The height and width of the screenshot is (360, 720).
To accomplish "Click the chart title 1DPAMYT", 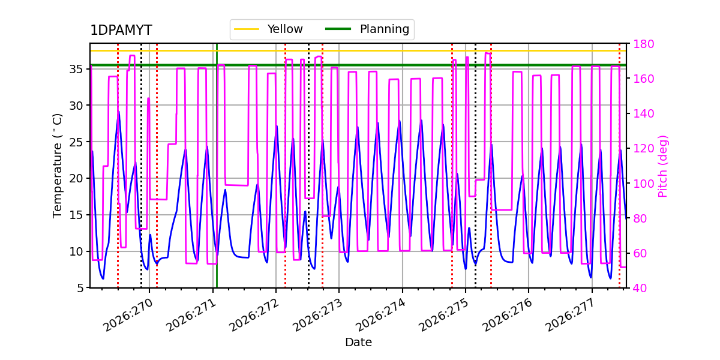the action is click(x=121, y=30).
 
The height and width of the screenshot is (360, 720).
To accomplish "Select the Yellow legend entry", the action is click(x=268, y=29).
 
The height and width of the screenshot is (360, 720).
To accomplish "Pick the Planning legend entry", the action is click(x=367, y=29).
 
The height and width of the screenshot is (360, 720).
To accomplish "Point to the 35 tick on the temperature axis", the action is click(x=76, y=69).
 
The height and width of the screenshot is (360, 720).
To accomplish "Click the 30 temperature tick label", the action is click(x=76, y=106).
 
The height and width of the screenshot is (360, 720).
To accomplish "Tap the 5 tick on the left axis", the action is click(x=80, y=288).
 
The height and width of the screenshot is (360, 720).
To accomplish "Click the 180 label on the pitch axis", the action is click(x=643, y=44).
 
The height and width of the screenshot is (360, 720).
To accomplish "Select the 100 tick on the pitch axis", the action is click(x=643, y=184).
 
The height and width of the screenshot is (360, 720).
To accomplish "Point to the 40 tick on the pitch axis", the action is click(x=640, y=288).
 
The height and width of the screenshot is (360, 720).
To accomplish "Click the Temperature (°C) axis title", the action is click(x=57, y=166).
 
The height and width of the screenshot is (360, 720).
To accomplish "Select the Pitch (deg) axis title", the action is click(x=663, y=166).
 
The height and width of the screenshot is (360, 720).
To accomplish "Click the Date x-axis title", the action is click(x=358, y=342).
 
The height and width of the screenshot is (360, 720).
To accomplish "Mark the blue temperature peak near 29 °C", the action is click(x=119, y=112).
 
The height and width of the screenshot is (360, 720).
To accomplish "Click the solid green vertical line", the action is click(x=217, y=166).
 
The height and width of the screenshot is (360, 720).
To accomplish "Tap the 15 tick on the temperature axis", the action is click(x=76, y=215).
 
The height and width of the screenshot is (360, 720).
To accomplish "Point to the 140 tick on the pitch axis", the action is click(x=643, y=113).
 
